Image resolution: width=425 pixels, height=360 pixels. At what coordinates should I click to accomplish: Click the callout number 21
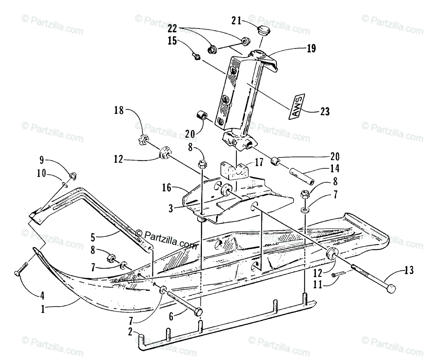click(x=237, y=21)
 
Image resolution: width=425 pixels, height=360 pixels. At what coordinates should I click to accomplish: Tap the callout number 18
click(x=119, y=111)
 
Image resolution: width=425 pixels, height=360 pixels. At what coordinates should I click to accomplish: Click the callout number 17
click(x=260, y=163)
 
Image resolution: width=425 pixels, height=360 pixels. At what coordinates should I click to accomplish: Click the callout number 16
click(x=176, y=188)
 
